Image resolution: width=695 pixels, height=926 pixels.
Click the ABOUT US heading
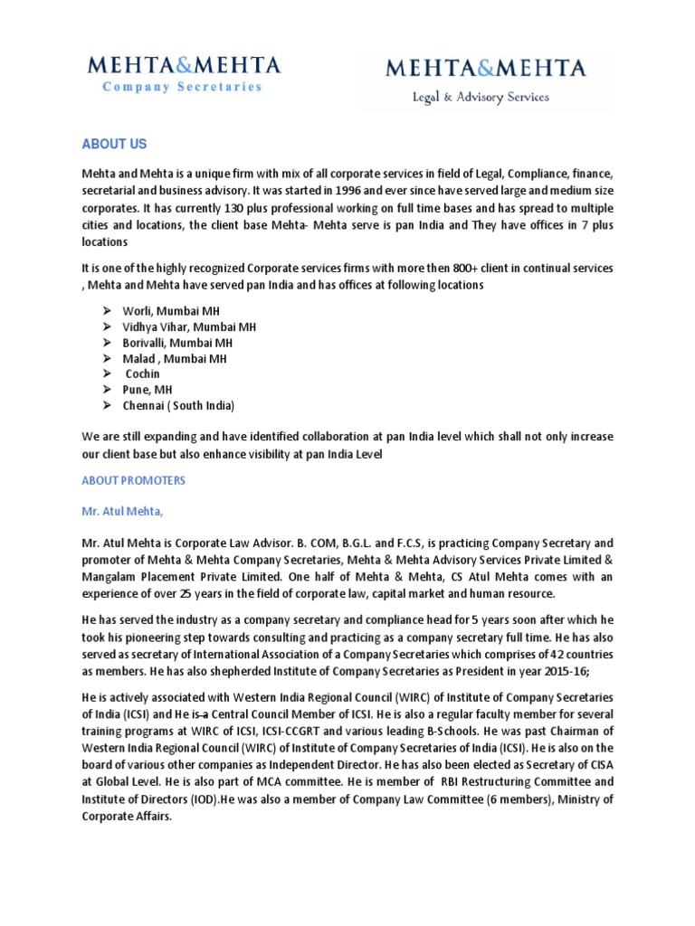point(114,145)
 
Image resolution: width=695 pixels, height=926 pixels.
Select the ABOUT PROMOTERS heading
point(134,481)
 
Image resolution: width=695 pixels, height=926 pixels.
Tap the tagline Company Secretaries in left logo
point(182,88)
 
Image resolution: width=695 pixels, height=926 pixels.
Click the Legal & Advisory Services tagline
point(480,97)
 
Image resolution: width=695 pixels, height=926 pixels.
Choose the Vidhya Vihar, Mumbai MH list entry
point(190,326)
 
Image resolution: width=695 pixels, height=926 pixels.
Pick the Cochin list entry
point(143,373)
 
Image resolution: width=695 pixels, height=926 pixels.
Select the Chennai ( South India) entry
point(178,406)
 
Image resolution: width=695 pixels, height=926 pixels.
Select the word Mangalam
point(111,576)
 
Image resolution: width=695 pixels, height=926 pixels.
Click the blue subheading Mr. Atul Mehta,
point(124,511)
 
